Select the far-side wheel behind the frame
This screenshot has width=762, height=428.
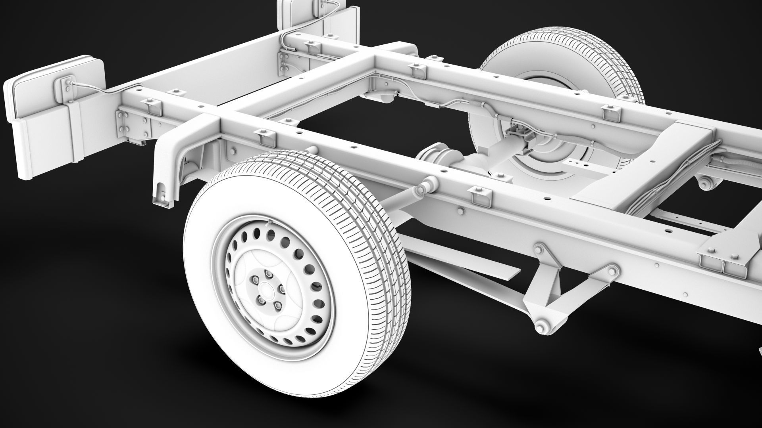pyautogui.click(x=556, y=71)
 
